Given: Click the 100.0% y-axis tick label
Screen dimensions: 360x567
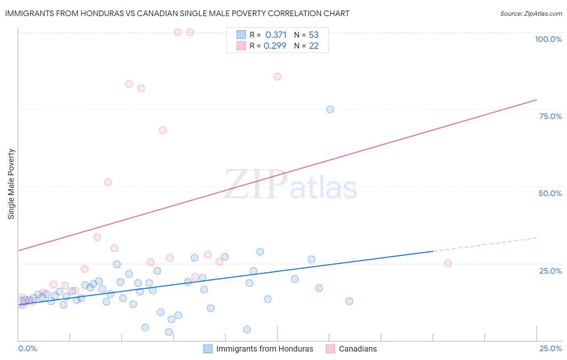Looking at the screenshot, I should coord(548,39).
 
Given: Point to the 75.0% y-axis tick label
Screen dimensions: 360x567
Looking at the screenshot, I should coord(550,116).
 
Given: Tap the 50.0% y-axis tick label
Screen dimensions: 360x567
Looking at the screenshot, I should coord(550,193).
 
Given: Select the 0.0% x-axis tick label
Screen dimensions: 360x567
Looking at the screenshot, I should coord(27,348).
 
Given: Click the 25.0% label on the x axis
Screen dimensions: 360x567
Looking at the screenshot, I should coord(550,348).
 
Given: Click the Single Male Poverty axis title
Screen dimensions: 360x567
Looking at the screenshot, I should coord(11,184).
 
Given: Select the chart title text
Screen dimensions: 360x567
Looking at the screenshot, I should coord(177,13).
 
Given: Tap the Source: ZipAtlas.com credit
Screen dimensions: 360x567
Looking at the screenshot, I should coord(531,13).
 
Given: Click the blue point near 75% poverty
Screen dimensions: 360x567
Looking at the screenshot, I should coord(330,109).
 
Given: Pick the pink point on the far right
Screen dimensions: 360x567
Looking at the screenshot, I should coord(448,263).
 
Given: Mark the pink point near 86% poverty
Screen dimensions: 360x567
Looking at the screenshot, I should coord(277,77).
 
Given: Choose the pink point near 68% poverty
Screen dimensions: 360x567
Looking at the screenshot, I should coord(163,130).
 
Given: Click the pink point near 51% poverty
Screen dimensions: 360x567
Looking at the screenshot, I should coord(108,182).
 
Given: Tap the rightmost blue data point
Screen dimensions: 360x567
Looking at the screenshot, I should coord(349,301).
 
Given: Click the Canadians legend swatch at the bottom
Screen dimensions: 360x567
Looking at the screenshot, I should coord(330,349).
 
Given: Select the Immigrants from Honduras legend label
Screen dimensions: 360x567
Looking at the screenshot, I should coord(265,349).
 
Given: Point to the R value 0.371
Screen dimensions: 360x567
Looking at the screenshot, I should coord(276,35).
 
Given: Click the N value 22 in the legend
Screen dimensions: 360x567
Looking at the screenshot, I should coord(314,46).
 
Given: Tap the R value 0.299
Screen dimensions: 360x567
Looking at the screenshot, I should coord(275,46).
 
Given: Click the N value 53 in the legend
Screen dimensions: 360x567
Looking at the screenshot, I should coord(314,35).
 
